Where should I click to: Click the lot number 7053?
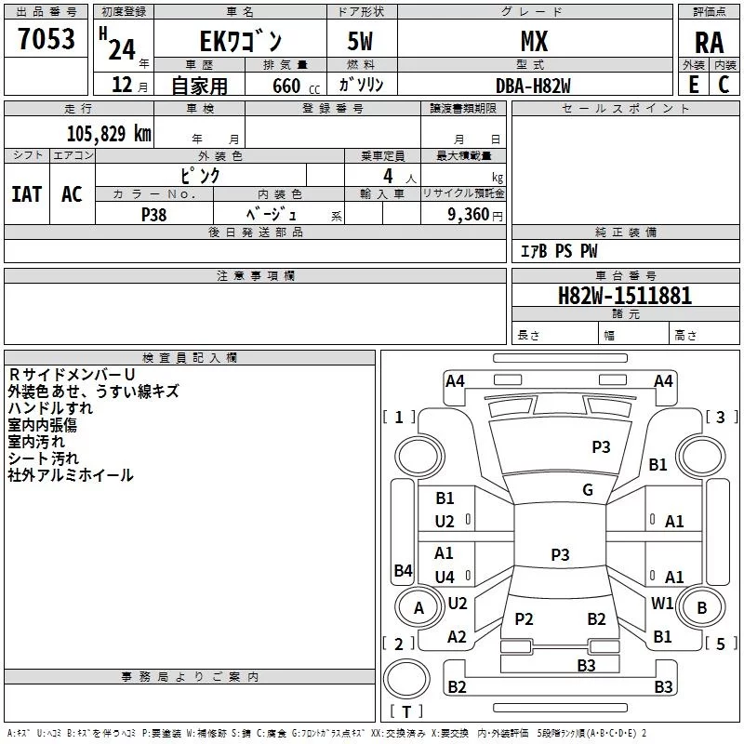(46, 39)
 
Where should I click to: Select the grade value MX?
(534, 41)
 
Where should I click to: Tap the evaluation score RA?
(710, 43)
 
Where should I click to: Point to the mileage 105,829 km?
(109, 134)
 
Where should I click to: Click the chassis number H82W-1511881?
(625, 296)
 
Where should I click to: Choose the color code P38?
(154, 215)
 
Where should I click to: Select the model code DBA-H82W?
(533, 86)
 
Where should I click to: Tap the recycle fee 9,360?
(468, 215)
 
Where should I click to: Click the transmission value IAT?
(27, 194)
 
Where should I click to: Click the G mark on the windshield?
(588, 490)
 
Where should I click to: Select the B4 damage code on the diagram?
(403, 570)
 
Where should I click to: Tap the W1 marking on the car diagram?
(662, 603)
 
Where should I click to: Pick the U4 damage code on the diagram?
(445, 577)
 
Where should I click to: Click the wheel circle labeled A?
(418, 607)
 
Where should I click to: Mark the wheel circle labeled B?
(701, 607)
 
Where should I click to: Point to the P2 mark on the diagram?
(524, 618)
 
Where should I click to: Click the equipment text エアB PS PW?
(559, 251)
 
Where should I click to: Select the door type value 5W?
(360, 41)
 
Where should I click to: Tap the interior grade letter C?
(724, 85)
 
